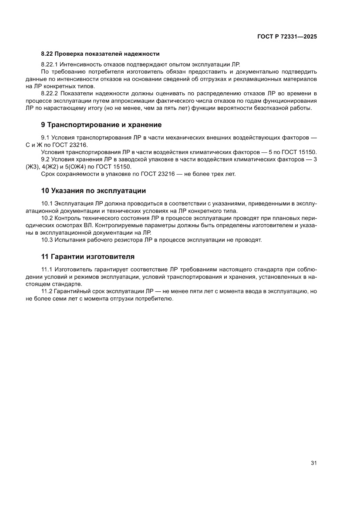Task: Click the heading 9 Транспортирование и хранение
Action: (101, 125)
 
